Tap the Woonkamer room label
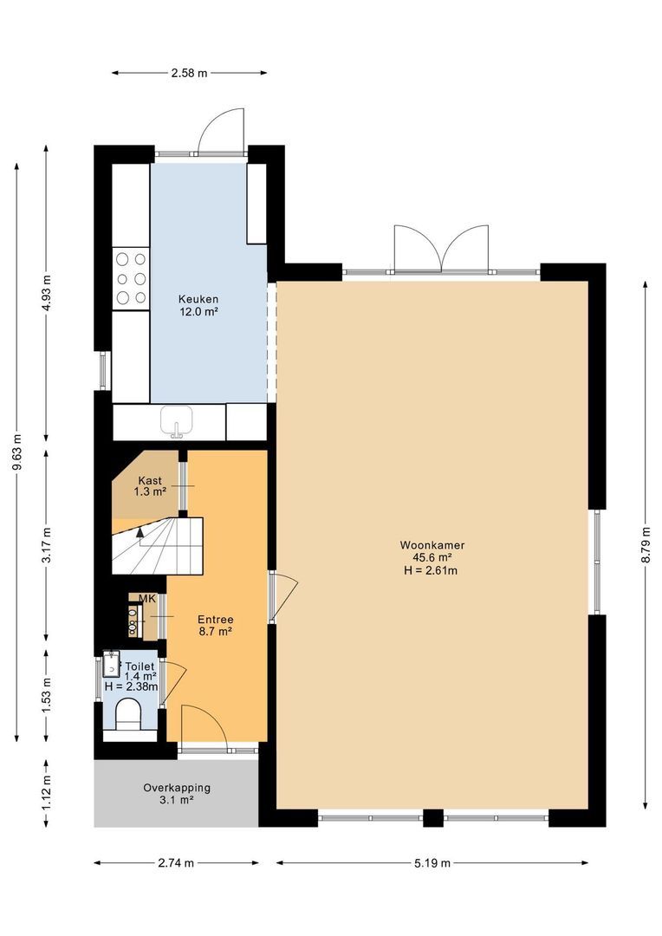432,545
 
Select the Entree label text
215,620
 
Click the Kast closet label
149,481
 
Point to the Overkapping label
176,789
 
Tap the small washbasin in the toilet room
110,665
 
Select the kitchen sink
177,421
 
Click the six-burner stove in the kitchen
130,277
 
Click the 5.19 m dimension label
432,863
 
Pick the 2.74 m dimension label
176,863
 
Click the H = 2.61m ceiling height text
432,570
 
